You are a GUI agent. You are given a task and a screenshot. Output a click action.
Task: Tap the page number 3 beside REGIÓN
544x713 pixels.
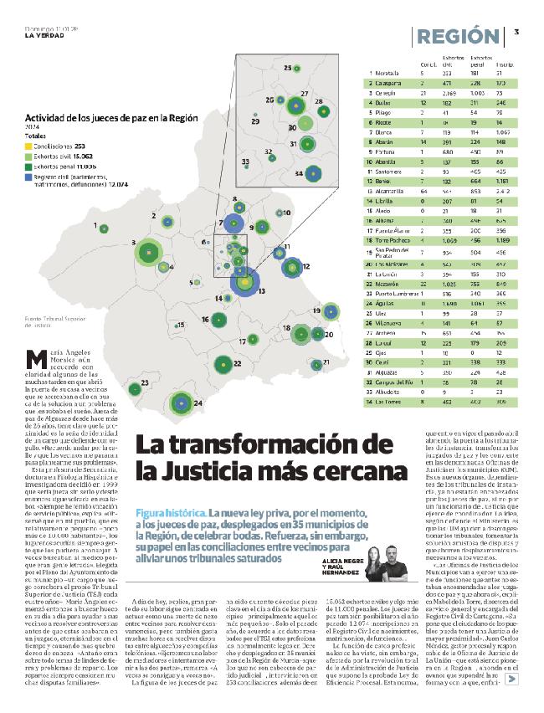tap(516, 32)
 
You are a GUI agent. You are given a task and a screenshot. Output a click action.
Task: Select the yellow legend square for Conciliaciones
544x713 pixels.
tap(29, 145)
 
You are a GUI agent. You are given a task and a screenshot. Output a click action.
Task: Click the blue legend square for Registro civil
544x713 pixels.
tap(29, 176)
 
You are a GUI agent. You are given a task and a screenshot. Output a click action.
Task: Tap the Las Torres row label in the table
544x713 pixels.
tap(390, 401)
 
